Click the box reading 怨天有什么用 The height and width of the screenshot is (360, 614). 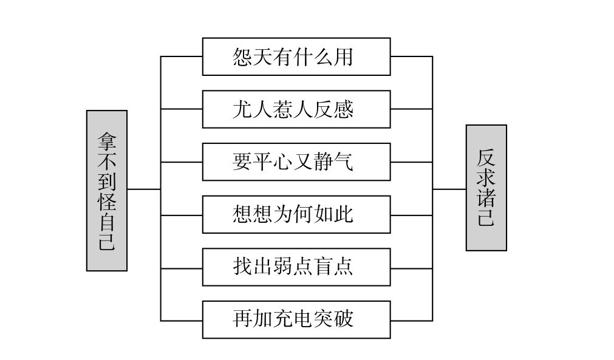(x=296, y=57)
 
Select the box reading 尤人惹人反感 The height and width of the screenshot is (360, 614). (x=296, y=109)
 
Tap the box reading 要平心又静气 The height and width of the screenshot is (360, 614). (x=296, y=162)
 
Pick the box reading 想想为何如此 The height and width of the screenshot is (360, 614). (x=296, y=214)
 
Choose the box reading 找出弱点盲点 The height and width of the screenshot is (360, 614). (x=296, y=267)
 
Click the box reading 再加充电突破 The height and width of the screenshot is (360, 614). (x=296, y=319)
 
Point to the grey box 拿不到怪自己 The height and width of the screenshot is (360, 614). (x=107, y=191)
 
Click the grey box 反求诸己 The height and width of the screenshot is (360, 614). (x=486, y=188)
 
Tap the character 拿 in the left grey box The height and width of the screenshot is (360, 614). (x=107, y=141)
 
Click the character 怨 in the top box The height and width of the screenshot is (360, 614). (x=242, y=57)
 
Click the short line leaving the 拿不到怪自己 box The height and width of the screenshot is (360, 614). (x=144, y=189)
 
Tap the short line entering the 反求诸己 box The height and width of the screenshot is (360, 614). (x=449, y=189)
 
